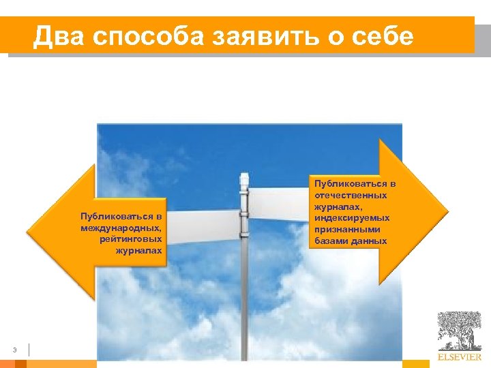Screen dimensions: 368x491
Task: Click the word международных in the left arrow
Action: click(x=121, y=228)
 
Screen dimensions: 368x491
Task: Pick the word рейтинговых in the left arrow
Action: click(x=130, y=239)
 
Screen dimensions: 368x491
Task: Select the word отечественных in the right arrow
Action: click(x=351, y=195)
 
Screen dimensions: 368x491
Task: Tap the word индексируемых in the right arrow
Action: click(x=352, y=218)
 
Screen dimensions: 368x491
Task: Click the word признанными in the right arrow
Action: click(x=348, y=230)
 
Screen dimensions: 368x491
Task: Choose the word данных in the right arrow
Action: click(x=369, y=241)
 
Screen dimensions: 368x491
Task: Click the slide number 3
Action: click(x=14, y=350)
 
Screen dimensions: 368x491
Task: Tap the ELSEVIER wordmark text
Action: click(x=460, y=356)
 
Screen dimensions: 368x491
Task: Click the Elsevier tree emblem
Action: click(x=459, y=331)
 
